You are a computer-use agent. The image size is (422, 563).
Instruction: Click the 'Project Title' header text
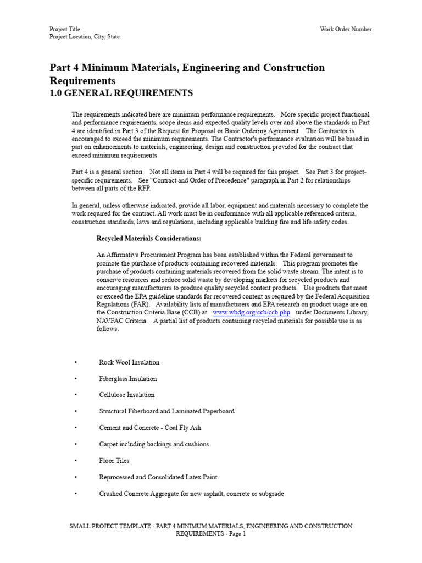click(x=64, y=29)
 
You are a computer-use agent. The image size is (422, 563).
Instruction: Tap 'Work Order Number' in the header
click(x=346, y=29)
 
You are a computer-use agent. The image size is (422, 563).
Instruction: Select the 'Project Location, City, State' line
click(x=84, y=37)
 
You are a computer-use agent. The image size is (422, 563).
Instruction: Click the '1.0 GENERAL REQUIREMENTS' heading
click(x=121, y=93)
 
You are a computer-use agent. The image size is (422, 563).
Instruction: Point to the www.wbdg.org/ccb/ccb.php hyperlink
click(x=251, y=312)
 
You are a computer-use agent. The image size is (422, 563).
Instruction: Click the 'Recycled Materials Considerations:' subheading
click(x=149, y=239)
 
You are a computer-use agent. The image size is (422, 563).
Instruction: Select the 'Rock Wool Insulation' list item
click(x=129, y=362)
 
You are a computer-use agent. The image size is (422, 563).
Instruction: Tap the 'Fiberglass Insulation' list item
click(x=127, y=379)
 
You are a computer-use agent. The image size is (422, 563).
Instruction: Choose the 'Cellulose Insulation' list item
click(x=126, y=395)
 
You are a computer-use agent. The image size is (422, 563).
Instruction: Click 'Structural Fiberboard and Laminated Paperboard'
click(x=166, y=411)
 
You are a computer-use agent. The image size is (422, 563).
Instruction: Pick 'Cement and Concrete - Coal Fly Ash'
click(x=150, y=428)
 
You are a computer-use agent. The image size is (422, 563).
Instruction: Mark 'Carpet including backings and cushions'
click(x=154, y=444)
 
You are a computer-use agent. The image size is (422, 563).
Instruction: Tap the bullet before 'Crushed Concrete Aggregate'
click(x=75, y=494)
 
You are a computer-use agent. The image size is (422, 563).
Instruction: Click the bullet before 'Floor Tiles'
click(x=75, y=461)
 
